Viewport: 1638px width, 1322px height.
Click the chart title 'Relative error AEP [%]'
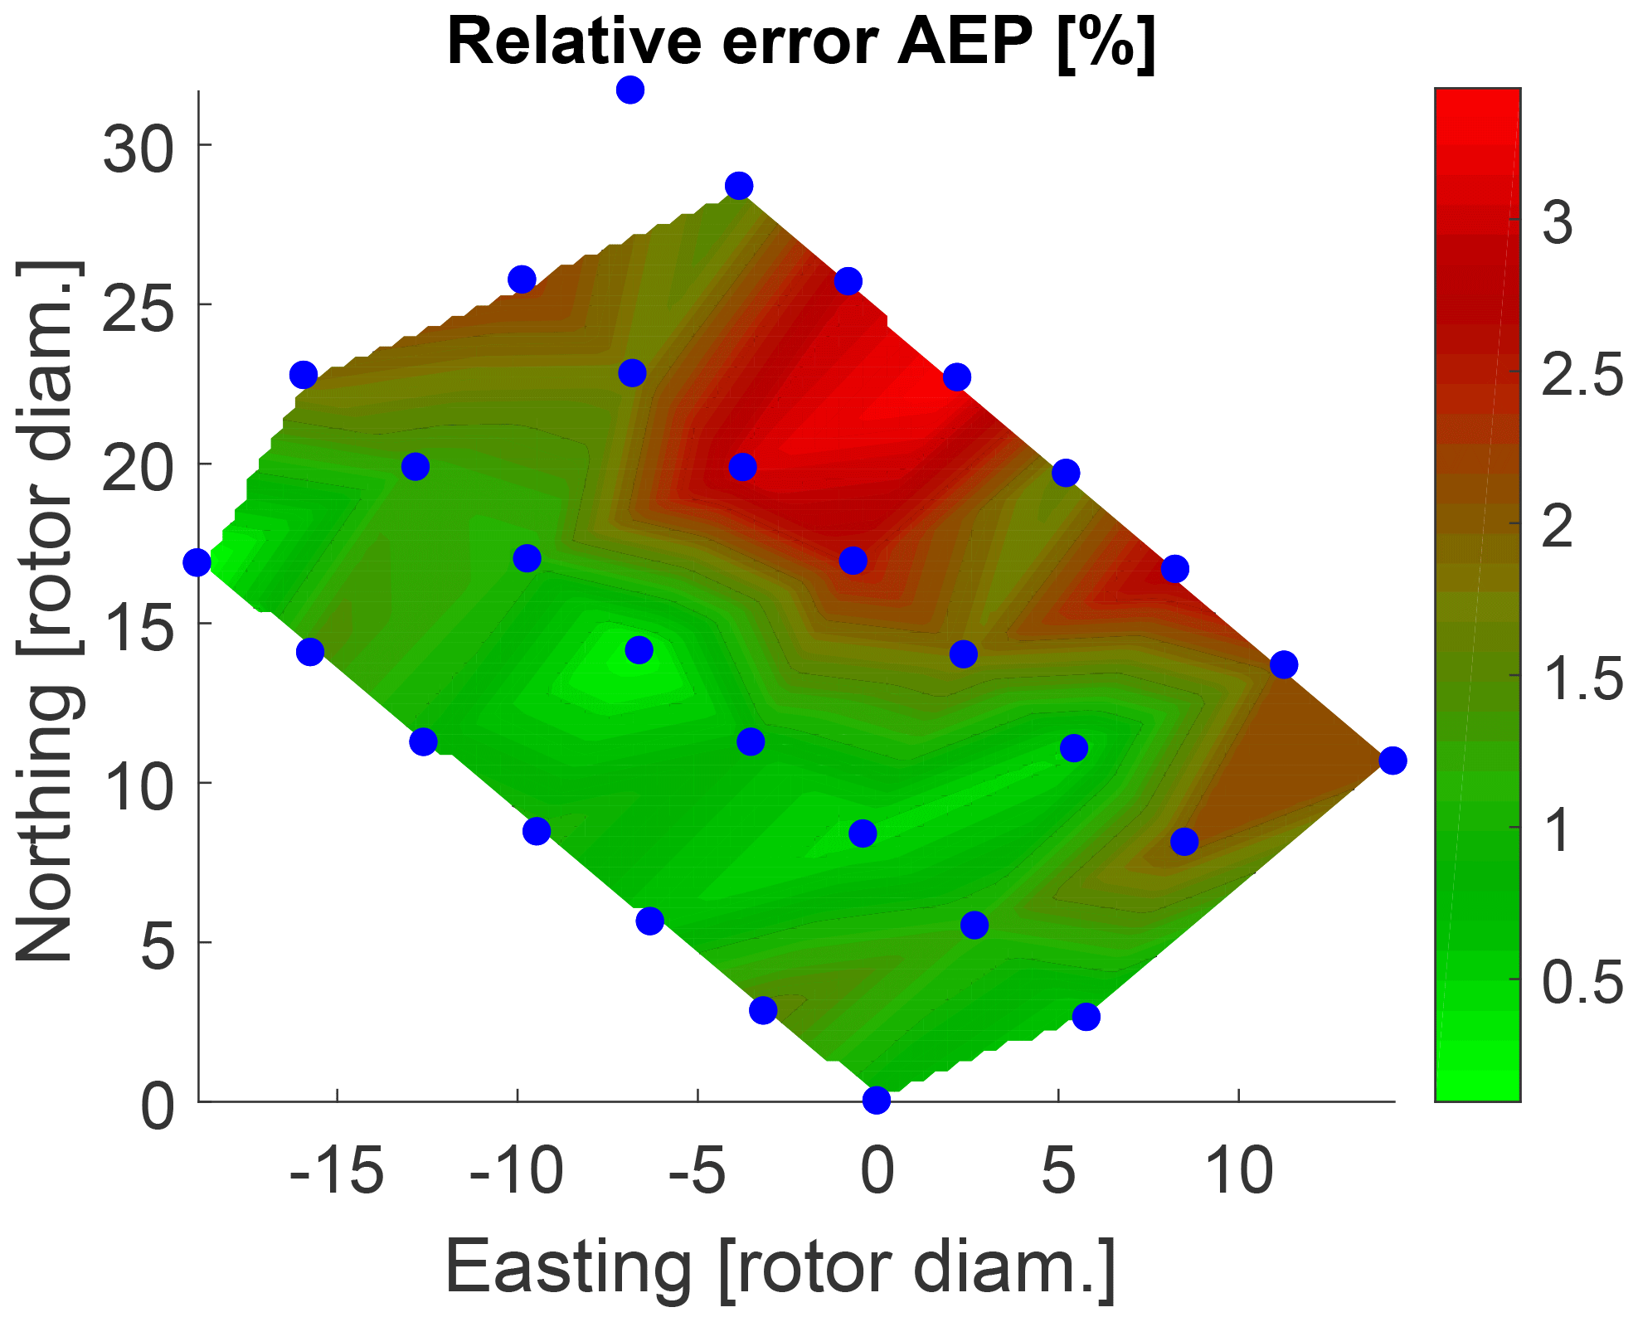tap(801, 41)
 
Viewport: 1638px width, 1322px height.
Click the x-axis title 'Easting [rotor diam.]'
tap(780, 1267)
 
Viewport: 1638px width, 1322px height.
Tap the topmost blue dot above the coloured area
tap(630, 90)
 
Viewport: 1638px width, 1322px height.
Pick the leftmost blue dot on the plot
tap(197, 562)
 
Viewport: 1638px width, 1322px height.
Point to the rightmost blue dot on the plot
tap(1393, 761)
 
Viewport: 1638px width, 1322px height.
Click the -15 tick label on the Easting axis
tap(337, 1172)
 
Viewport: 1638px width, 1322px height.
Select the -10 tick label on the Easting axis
tap(517, 1172)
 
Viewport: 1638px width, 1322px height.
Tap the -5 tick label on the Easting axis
tap(697, 1172)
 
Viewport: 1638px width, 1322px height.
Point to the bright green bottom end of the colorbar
tap(1477, 1090)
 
